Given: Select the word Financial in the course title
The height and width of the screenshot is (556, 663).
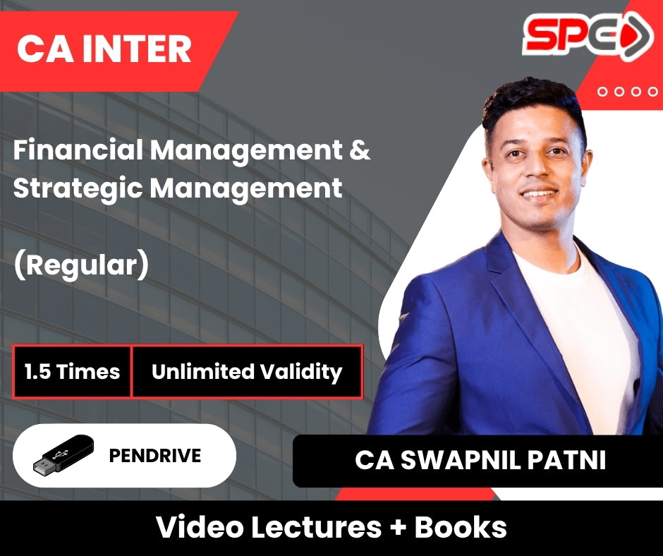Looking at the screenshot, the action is pyautogui.click(x=78, y=150).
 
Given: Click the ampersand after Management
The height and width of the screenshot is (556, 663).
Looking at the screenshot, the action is pyautogui.click(x=360, y=150).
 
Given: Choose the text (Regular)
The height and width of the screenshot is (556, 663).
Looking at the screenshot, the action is pyautogui.click(x=81, y=265).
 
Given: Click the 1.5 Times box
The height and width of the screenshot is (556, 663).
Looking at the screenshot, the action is pyautogui.click(x=72, y=372).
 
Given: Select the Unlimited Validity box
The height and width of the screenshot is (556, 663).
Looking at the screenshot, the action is pyautogui.click(x=247, y=372).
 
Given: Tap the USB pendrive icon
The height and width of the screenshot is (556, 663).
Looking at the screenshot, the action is pyautogui.click(x=63, y=454).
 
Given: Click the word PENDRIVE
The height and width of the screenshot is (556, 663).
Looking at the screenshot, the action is pyautogui.click(x=154, y=456).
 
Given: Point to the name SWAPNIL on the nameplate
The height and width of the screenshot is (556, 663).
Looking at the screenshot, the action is pyautogui.click(x=460, y=460).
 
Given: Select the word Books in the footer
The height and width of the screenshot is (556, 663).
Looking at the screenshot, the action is pyautogui.click(x=461, y=527).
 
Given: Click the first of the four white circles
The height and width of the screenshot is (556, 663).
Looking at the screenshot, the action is pyautogui.click(x=602, y=92).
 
